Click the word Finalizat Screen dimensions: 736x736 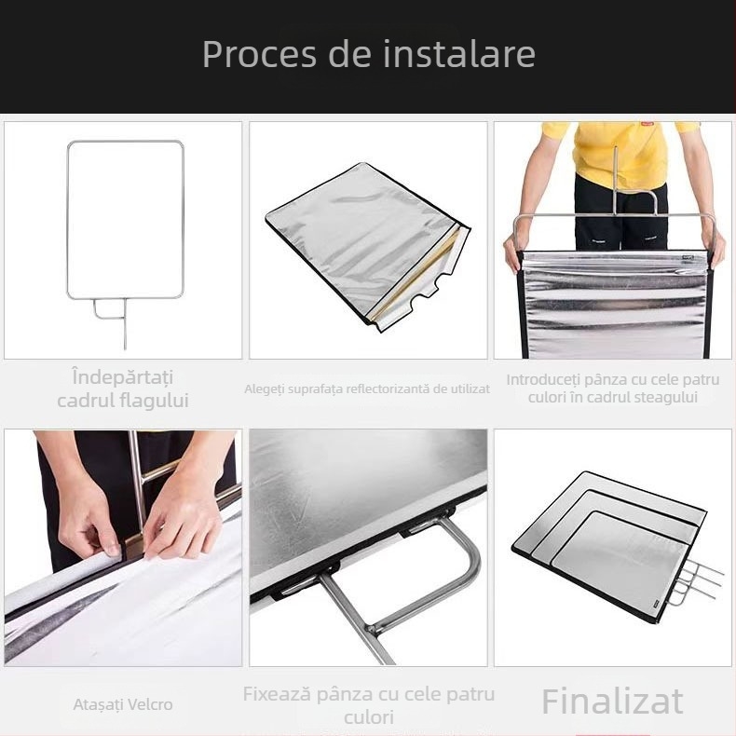click(x=612, y=701)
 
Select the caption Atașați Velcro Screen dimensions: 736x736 click(x=123, y=704)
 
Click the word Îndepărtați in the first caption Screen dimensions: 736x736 click(x=122, y=378)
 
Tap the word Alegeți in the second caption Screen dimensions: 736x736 click(x=266, y=388)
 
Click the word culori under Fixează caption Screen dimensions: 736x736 click(x=368, y=717)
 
